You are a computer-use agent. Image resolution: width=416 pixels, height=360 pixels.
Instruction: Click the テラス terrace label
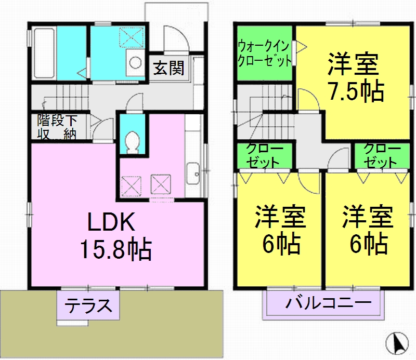coord(88,305)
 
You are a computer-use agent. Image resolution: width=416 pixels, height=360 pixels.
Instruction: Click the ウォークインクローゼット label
coord(264,53)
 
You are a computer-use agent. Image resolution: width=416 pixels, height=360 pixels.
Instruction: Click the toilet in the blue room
coord(132,141)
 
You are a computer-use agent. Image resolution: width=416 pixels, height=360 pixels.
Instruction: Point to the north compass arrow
coord(397,343)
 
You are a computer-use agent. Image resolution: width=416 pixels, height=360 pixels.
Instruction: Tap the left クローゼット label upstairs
coord(265,155)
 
